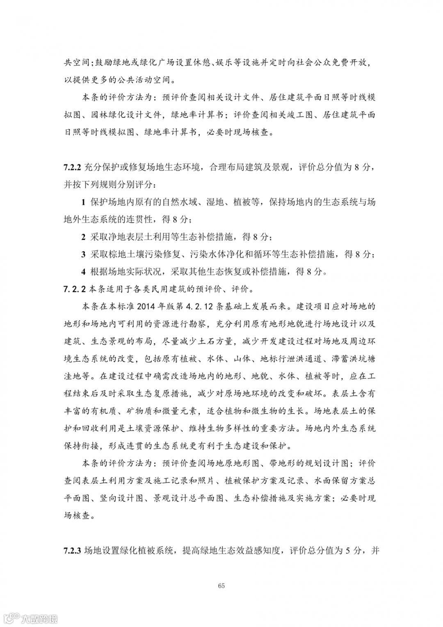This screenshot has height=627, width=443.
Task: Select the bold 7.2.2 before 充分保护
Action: [x=73, y=168]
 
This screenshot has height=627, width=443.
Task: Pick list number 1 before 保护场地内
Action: [x=83, y=202]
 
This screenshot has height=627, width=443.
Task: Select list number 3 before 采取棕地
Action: [x=83, y=255]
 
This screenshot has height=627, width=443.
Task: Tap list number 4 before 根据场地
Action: [x=83, y=272]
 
